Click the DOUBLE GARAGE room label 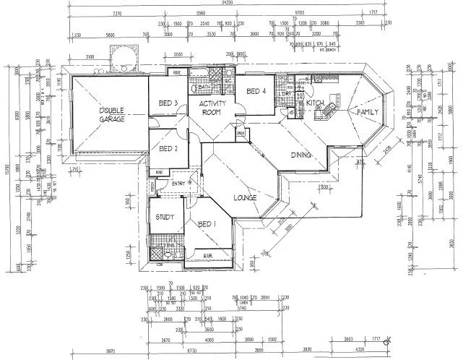click(x=113, y=114)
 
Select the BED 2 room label click(x=168, y=149)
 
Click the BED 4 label click(x=256, y=91)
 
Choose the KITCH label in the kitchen click(x=314, y=103)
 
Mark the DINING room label click(x=301, y=155)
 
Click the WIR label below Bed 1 click(x=207, y=255)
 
